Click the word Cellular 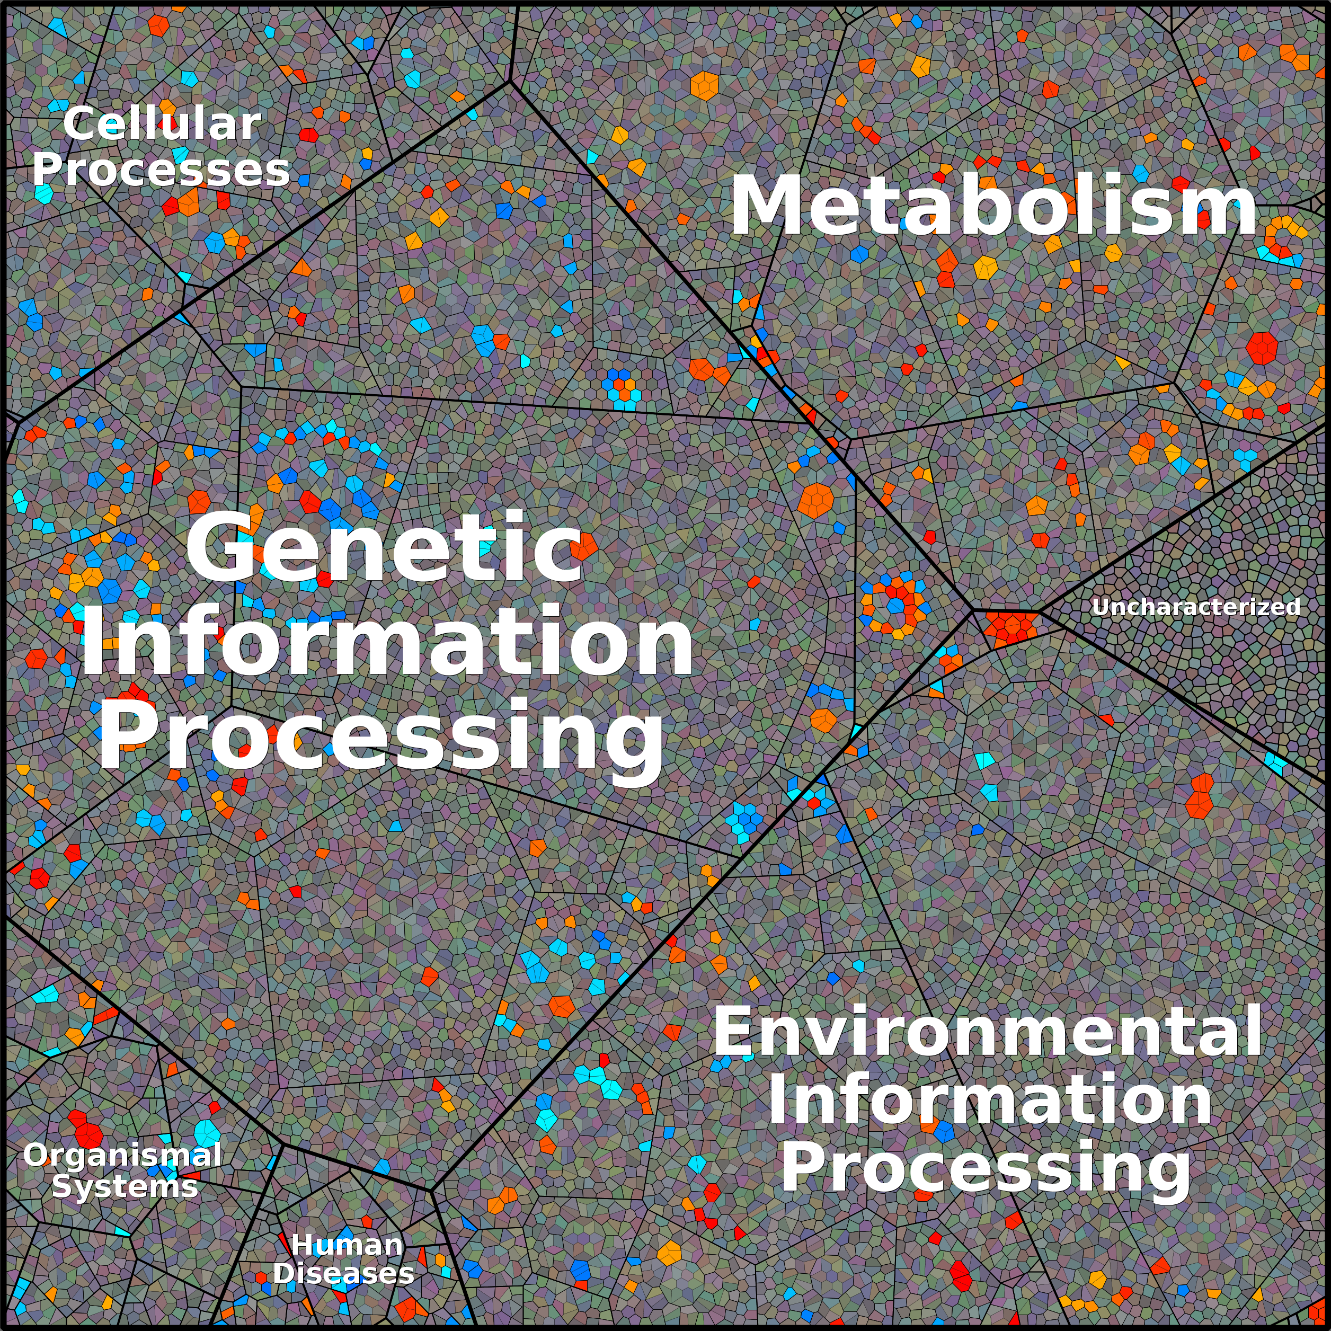pyautogui.click(x=162, y=124)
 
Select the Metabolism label pyautogui.click(x=993, y=207)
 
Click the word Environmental pyautogui.click(x=988, y=1031)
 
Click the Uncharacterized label pyautogui.click(x=1196, y=607)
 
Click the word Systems pyautogui.click(x=125, y=1186)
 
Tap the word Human pyautogui.click(x=347, y=1245)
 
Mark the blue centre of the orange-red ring pyautogui.click(x=895, y=606)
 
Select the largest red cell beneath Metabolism pyautogui.click(x=1262, y=348)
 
